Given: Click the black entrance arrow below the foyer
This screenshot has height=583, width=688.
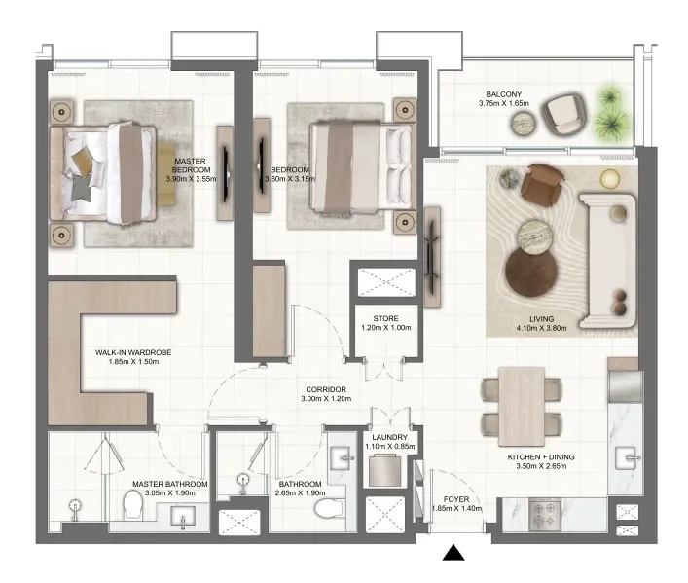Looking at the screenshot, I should point(453,554).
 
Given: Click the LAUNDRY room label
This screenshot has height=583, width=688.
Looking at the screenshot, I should point(386,438).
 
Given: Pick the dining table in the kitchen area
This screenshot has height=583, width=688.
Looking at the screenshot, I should point(520,401).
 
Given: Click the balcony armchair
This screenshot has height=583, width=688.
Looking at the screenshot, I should point(564,114).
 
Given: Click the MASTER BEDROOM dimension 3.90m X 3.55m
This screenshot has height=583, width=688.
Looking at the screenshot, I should point(189,178).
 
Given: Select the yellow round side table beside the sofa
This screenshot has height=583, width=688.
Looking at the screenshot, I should point(610,177).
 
